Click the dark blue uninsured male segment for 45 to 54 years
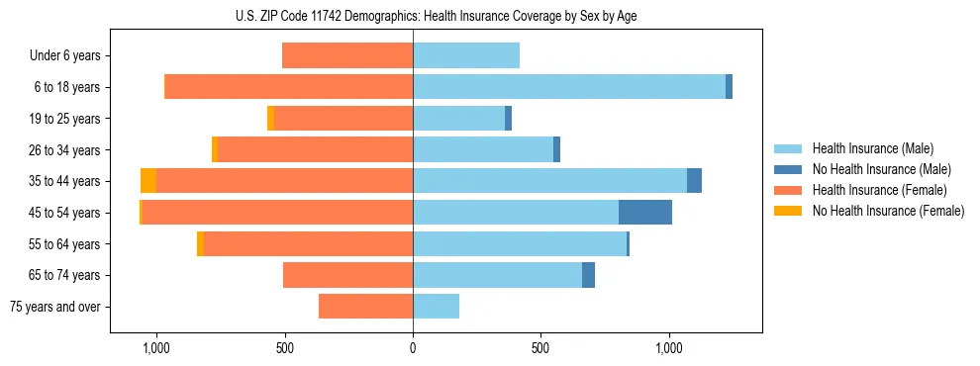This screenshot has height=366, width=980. (645, 213)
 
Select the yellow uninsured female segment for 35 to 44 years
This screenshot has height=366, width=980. (148, 181)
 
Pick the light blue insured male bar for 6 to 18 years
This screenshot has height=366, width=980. (569, 87)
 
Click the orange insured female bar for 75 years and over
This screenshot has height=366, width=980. (365, 307)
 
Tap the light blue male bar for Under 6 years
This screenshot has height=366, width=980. (466, 55)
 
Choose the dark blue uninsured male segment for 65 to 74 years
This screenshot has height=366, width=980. (588, 275)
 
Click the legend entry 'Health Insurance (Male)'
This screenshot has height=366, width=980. (871, 148)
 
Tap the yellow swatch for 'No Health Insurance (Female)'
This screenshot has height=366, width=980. (789, 211)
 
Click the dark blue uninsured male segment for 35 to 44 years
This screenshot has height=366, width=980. (694, 181)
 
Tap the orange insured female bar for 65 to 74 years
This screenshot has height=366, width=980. (347, 275)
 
